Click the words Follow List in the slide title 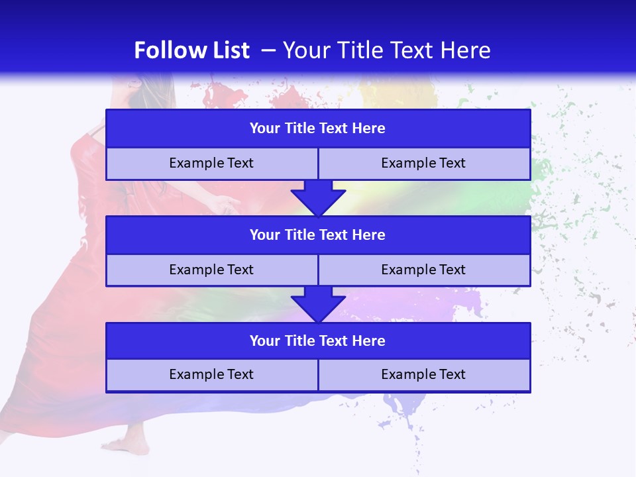click(191, 50)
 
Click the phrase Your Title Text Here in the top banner click(386, 50)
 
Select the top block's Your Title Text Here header click(317, 129)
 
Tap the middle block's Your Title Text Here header click(317, 235)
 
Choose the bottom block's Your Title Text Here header click(317, 341)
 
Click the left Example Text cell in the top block click(211, 164)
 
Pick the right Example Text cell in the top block click(423, 164)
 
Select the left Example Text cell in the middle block click(211, 270)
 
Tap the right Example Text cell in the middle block click(423, 270)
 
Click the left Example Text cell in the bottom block click(211, 375)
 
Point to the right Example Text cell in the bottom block click(423, 375)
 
